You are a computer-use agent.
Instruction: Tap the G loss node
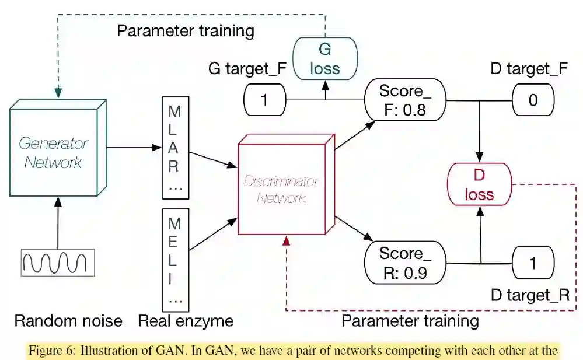coord(324,58)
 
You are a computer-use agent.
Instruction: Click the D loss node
coord(479,184)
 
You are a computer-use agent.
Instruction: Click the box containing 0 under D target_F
coord(533,100)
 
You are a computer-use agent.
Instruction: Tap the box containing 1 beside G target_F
coord(264,100)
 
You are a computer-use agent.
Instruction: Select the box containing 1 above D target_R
coord(533,263)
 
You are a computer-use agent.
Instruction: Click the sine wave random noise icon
coord(58,261)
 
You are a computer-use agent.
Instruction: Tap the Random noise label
coord(68,321)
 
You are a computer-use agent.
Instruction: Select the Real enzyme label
coord(186,321)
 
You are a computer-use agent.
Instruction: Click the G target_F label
coord(247,69)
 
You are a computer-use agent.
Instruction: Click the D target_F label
coord(529,69)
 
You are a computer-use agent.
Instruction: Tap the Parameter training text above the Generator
coord(186,30)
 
